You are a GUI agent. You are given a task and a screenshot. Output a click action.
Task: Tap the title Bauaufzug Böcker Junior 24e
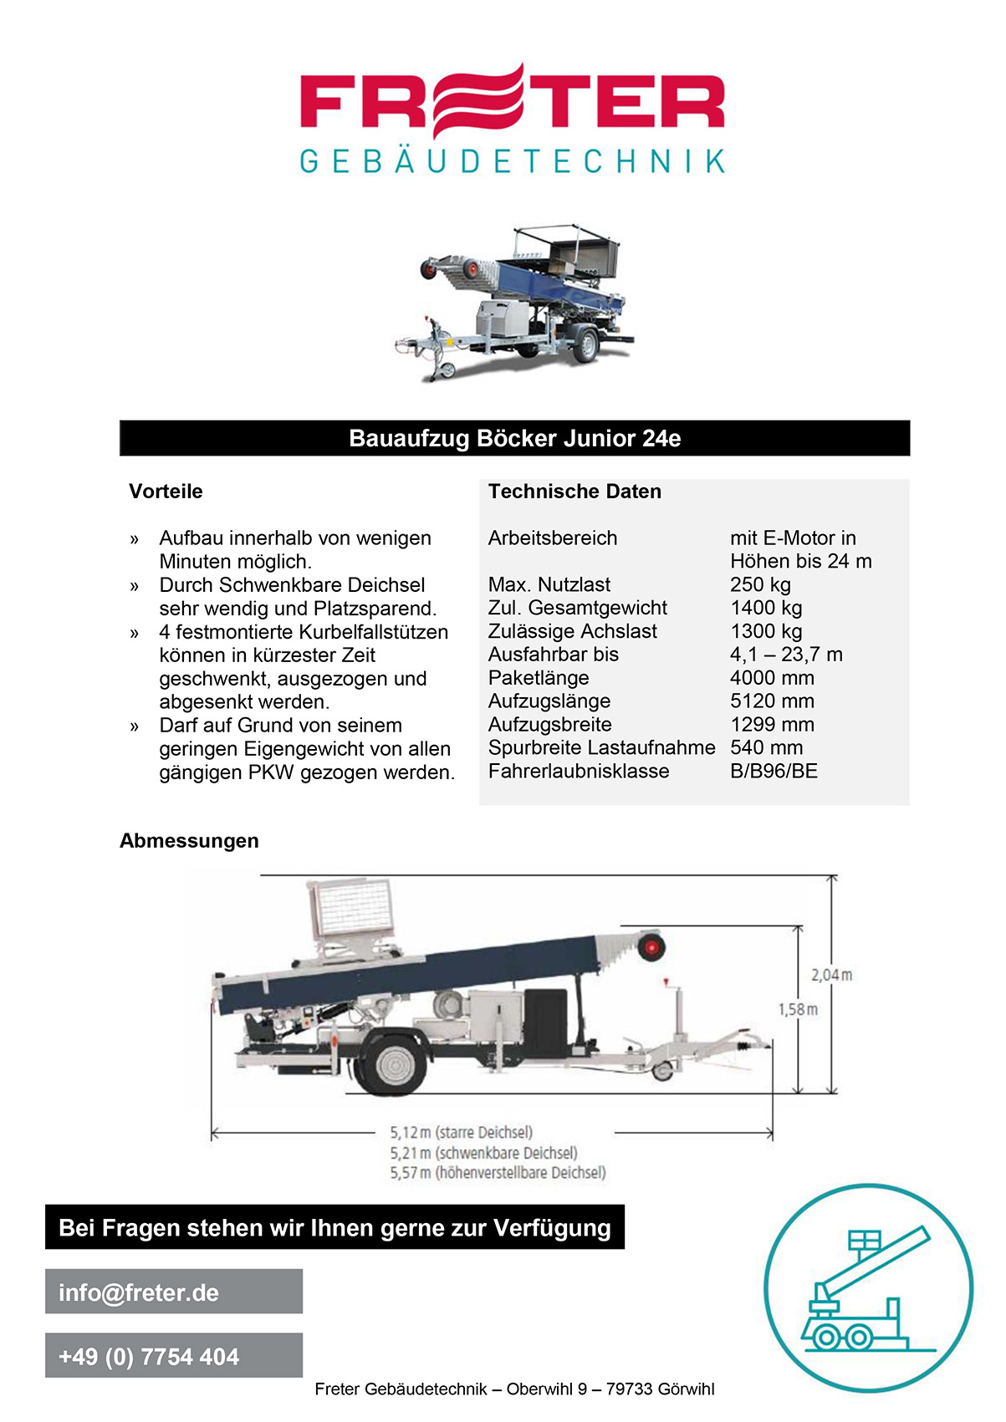[514, 439]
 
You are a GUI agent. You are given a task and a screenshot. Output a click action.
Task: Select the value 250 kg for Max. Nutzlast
[760, 584]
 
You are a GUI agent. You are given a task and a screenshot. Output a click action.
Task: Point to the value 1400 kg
[765, 608]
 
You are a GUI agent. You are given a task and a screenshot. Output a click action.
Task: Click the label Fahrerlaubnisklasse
[579, 771]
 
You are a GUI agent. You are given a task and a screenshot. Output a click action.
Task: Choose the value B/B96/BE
[774, 771]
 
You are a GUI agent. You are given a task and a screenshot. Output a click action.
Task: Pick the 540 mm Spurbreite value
[766, 747]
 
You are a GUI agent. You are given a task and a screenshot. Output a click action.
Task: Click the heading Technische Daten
[574, 492]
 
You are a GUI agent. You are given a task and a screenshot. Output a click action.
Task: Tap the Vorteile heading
[166, 492]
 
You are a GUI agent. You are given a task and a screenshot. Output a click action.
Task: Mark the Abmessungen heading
[189, 841]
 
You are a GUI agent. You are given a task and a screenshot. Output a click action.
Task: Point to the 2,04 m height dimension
[831, 975]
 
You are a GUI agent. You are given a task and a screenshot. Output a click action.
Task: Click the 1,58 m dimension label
[798, 1010]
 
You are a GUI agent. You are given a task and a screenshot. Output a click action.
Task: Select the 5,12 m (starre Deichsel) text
[461, 1133]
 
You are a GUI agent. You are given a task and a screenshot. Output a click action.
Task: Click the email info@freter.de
[139, 1292]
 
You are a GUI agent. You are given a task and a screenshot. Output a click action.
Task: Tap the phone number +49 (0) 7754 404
[149, 1356]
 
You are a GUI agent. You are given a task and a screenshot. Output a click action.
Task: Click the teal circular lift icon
[868, 1287]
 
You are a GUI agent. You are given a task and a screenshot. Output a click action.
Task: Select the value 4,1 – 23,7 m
[786, 655]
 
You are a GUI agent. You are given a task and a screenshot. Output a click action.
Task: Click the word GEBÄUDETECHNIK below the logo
[512, 161]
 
